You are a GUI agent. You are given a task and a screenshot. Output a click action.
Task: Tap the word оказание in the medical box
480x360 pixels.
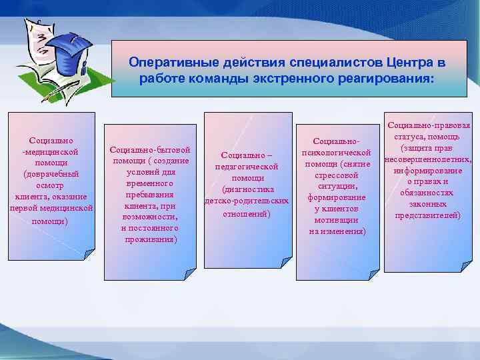[x=71, y=197]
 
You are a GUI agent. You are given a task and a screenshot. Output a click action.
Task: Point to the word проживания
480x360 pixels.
[x=151, y=239]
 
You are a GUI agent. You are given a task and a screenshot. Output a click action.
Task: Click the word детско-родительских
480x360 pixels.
[x=247, y=201]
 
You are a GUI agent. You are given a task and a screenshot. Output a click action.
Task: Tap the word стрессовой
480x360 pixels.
[x=337, y=175]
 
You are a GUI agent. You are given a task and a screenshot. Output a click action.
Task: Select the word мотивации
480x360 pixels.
[x=337, y=219]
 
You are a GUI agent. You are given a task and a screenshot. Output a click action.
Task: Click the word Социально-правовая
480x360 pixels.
[x=428, y=125]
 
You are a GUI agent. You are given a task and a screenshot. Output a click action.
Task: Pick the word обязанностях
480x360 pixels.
[x=428, y=193]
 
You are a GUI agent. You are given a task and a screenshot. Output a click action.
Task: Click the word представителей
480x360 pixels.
[x=428, y=215]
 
